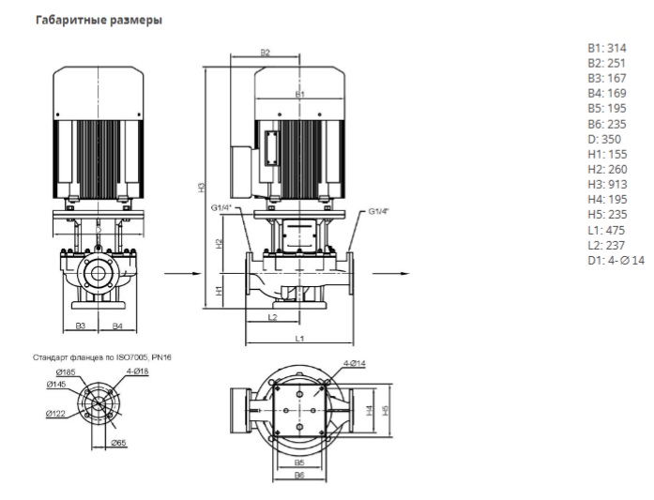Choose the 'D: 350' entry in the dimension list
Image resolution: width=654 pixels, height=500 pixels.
pyautogui.click(x=603, y=139)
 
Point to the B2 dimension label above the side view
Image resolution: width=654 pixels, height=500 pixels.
pyautogui.click(x=265, y=53)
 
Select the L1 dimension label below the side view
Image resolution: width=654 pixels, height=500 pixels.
pyautogui.click(x=298, y=336)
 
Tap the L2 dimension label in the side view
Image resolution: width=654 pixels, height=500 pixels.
pyautogui.click(x=271, y=318)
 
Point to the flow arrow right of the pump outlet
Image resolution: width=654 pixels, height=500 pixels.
pyautogui.click(x=386, y=272)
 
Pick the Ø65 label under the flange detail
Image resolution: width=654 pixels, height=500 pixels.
pyautogui.click(x=119, y=441)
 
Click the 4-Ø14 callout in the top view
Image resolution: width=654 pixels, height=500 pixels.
pyautogui.click(x=355, y=363)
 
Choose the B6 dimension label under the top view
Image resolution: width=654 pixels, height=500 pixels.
pyautogui.click(x=300, y=475)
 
